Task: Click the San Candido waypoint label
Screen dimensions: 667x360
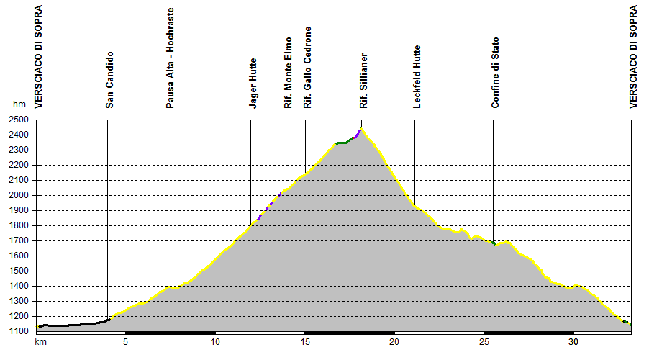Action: [x=110, y=80]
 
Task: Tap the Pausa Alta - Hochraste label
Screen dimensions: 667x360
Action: [x=170, y=58]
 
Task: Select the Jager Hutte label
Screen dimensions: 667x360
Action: [x=253, y=84]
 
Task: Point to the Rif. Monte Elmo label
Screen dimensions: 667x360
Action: [x=288, y=73]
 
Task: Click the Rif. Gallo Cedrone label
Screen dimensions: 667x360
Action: [x=307, y=67]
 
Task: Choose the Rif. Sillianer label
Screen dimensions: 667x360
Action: [x=363, y=81]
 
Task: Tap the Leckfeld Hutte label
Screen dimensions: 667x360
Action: [x=417, y=76]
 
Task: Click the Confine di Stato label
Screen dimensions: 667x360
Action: [x=495, y=73]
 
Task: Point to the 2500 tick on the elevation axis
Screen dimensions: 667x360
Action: [x=19, y=120]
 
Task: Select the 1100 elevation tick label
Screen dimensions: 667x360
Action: [x=19, y=331]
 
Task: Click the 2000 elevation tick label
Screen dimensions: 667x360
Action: [x=19, y=195]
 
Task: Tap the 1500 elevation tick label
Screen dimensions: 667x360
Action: [x=19, y=271]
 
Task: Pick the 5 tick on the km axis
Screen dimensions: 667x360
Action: [x=125, y=342]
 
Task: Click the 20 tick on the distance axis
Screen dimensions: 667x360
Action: [x=394, y=342]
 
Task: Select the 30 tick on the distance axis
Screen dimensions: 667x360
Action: [x=573, y=342]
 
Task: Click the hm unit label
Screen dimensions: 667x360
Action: [x=19, y=104]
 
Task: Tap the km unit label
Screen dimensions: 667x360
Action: [x=40, y=342]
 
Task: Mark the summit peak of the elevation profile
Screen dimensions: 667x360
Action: [x=362, y=127]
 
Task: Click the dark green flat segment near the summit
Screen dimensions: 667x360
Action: [x=341, y=143]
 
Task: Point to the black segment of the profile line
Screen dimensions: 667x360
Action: [x=73, y=325]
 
